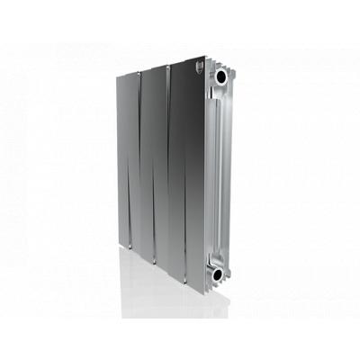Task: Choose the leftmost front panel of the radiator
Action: (126, 162)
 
